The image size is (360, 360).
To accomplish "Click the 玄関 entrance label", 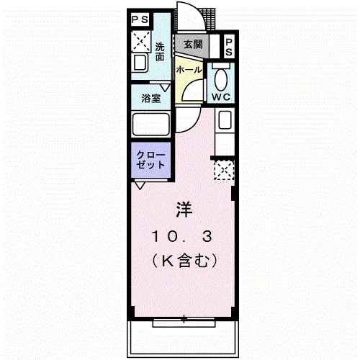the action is [193, 45].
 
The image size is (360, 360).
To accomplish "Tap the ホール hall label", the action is [189, 70].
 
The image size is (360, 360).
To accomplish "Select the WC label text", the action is [221, 97].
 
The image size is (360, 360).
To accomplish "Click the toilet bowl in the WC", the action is [221, 80].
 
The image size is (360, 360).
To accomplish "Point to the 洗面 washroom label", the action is [160, 51].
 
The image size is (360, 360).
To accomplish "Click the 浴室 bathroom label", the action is [150, 98].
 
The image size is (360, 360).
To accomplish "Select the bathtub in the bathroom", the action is [151, 125].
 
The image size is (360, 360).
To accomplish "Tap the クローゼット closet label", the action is [150, 160].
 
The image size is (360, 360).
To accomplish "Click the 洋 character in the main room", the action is [184, 210].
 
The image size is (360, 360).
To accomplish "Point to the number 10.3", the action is [181, 237].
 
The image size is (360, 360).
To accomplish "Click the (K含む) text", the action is [184, 261].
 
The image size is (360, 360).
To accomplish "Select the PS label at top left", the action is [140, 19].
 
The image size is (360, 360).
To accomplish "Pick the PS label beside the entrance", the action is [229, 48].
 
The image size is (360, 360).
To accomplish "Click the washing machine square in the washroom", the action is [141, 42].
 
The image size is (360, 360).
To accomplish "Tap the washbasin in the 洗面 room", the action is [140, 63].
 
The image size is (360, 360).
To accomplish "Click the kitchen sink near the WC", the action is [225, 120].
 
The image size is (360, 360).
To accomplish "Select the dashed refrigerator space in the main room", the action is [224, 170].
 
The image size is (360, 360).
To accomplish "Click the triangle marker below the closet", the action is [140, 186].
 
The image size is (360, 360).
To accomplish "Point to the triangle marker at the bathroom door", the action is [165, 88].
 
